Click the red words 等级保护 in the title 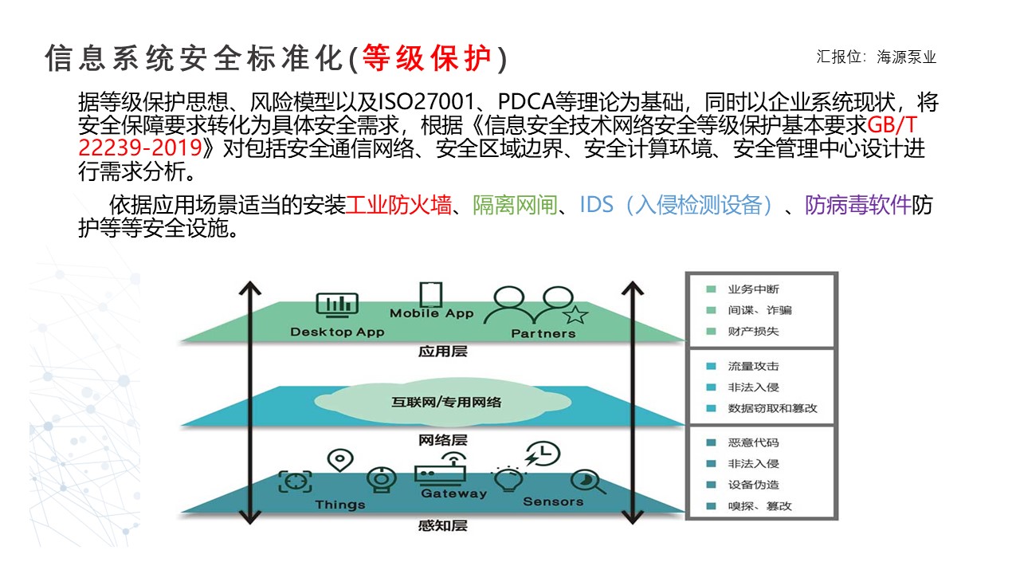(427, 58)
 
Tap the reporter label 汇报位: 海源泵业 (876, 57)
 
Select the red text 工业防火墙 (398, 205)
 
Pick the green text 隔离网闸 (515, 205)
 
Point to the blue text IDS (597, 205)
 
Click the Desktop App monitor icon (337, 305)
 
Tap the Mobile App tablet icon (431, 294)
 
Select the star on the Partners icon (575, 314)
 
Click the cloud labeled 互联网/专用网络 (442, 401)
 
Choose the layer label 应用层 (442, 352)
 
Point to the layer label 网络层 (442, 440)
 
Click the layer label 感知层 (442, 525)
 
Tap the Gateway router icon (441, 468)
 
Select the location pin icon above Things (340, 461)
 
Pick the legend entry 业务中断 (753, 289)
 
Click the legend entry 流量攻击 (753, 366)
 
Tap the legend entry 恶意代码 (753, 442)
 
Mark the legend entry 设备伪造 (753, 485)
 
